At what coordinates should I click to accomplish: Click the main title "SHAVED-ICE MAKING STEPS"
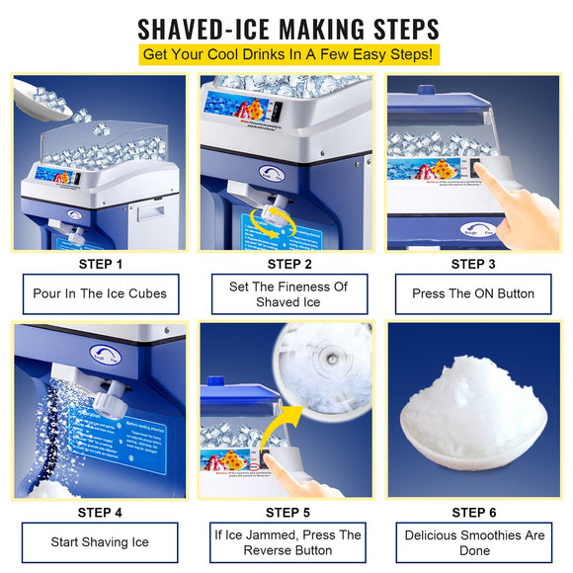pyautogui.click(x=286, y=27)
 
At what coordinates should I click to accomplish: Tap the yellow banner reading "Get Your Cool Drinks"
pyautogui.click(x=286, y=53)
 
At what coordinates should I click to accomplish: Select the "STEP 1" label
pyautogui.click(x=100, y=264)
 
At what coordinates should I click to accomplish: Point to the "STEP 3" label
pyautogui.click(x=473, y=264)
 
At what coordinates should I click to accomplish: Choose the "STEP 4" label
pyautogui.click(x=100, y=512)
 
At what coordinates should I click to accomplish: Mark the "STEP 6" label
pyautogui.click(x=473, y=512)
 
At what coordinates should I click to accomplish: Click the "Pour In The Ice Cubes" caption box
pyautogui.click(x=100, y=293)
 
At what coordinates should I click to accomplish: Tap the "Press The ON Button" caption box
pyautogui.click(x=475, y=293)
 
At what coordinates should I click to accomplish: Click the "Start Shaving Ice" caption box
pyautogui.click(x=100, y=542)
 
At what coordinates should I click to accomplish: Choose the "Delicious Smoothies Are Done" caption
pyautogui.click(x=475, y=542)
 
